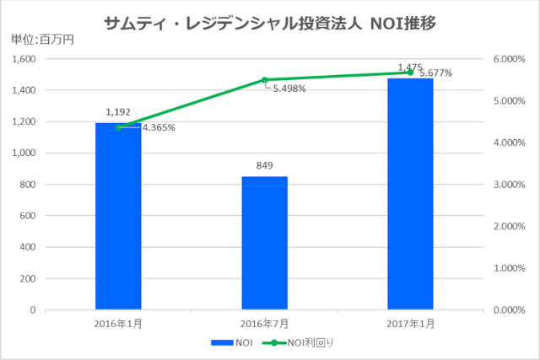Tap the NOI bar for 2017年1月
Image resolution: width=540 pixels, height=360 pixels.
410,194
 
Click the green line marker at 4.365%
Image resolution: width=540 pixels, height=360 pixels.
118,127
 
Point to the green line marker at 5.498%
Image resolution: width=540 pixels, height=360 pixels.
264,80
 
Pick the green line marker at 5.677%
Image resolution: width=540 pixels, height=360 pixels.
410,73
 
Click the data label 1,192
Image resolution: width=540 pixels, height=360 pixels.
118,111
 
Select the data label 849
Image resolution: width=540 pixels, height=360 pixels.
264,165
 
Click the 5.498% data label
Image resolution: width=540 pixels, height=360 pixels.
289,89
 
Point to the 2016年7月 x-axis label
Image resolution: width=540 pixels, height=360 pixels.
264,323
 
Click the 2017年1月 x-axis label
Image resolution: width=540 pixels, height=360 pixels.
410,323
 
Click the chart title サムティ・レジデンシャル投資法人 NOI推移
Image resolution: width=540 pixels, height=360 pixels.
269,22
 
